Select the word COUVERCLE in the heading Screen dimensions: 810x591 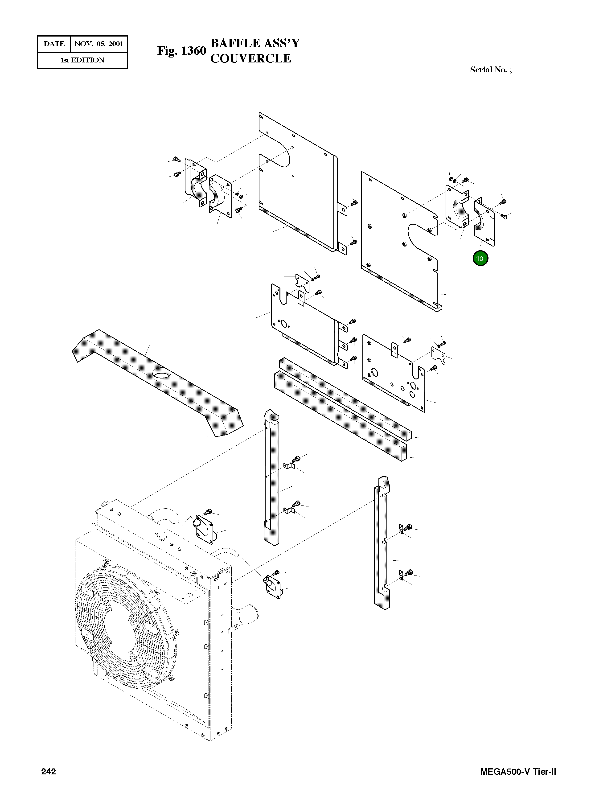pos(250,58)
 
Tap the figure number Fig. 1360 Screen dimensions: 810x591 pos(182,51)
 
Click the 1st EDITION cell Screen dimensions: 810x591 pos(82,60)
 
